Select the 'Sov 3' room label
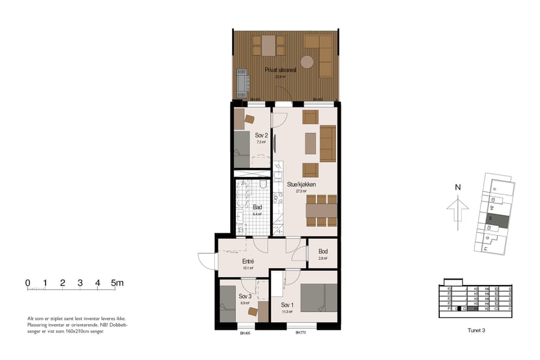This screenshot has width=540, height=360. (245, 296)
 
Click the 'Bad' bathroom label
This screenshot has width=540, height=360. (257, 206)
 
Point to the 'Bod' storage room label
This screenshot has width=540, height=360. (323, 251)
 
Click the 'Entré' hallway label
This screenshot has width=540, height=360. (248, 261)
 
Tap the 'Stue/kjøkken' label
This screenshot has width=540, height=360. (301, 184)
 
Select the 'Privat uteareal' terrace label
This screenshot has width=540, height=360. (280, 70)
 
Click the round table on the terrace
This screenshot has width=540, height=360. (307, 61)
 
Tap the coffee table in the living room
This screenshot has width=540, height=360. (310, 143)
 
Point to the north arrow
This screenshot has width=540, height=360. (458, 211)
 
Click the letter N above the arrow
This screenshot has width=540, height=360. (458, 187)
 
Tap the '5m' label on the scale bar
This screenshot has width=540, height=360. (117, 282)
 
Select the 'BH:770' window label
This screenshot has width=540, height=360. (301, 333)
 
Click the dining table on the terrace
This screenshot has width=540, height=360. (268, 45)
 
